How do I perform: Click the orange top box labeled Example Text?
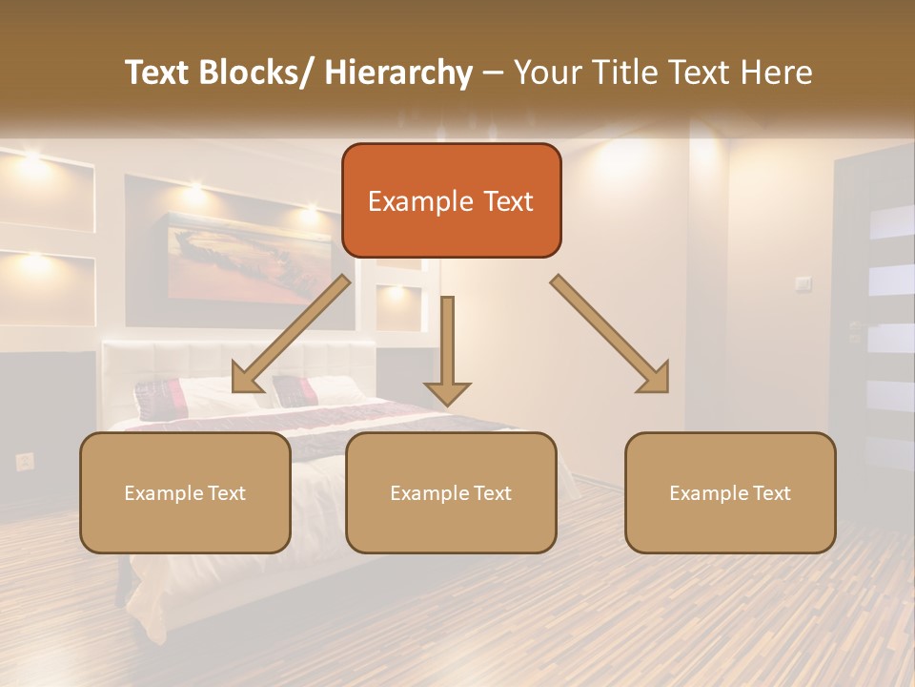451,200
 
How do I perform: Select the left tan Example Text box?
185,492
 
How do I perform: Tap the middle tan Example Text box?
451,492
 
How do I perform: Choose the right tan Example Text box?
730,492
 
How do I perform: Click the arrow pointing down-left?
290,335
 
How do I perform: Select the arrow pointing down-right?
611,335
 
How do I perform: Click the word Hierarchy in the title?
398,73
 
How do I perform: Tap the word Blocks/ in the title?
254,73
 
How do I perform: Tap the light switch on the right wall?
803,283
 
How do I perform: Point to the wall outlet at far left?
25,462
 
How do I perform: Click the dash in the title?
493,73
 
